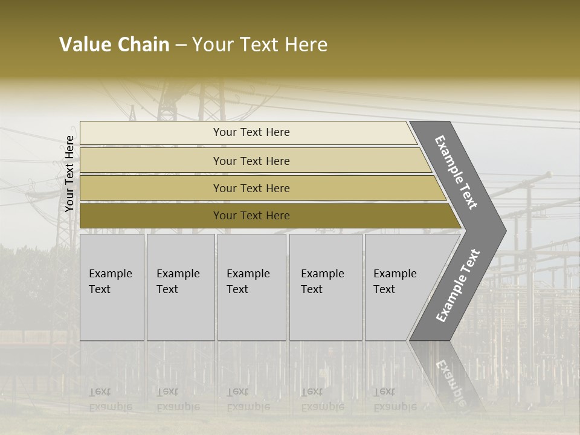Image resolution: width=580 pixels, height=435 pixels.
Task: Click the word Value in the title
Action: point(85,45)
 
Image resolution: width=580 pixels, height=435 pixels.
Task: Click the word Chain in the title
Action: point(143,45)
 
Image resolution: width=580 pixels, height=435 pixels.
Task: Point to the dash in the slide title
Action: point(181,45)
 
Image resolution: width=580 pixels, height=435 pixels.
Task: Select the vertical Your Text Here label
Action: point(69,173)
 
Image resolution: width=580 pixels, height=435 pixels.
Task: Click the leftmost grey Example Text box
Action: point(112,287)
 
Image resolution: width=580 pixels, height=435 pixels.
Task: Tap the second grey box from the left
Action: point(180,287)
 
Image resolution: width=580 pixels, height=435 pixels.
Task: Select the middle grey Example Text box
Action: point(251,287)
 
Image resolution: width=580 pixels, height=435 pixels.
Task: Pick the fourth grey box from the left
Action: point(325,287)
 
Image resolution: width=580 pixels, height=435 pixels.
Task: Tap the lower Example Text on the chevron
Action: point(458,285)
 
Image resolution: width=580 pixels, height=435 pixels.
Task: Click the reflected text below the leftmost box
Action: point(110,399)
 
